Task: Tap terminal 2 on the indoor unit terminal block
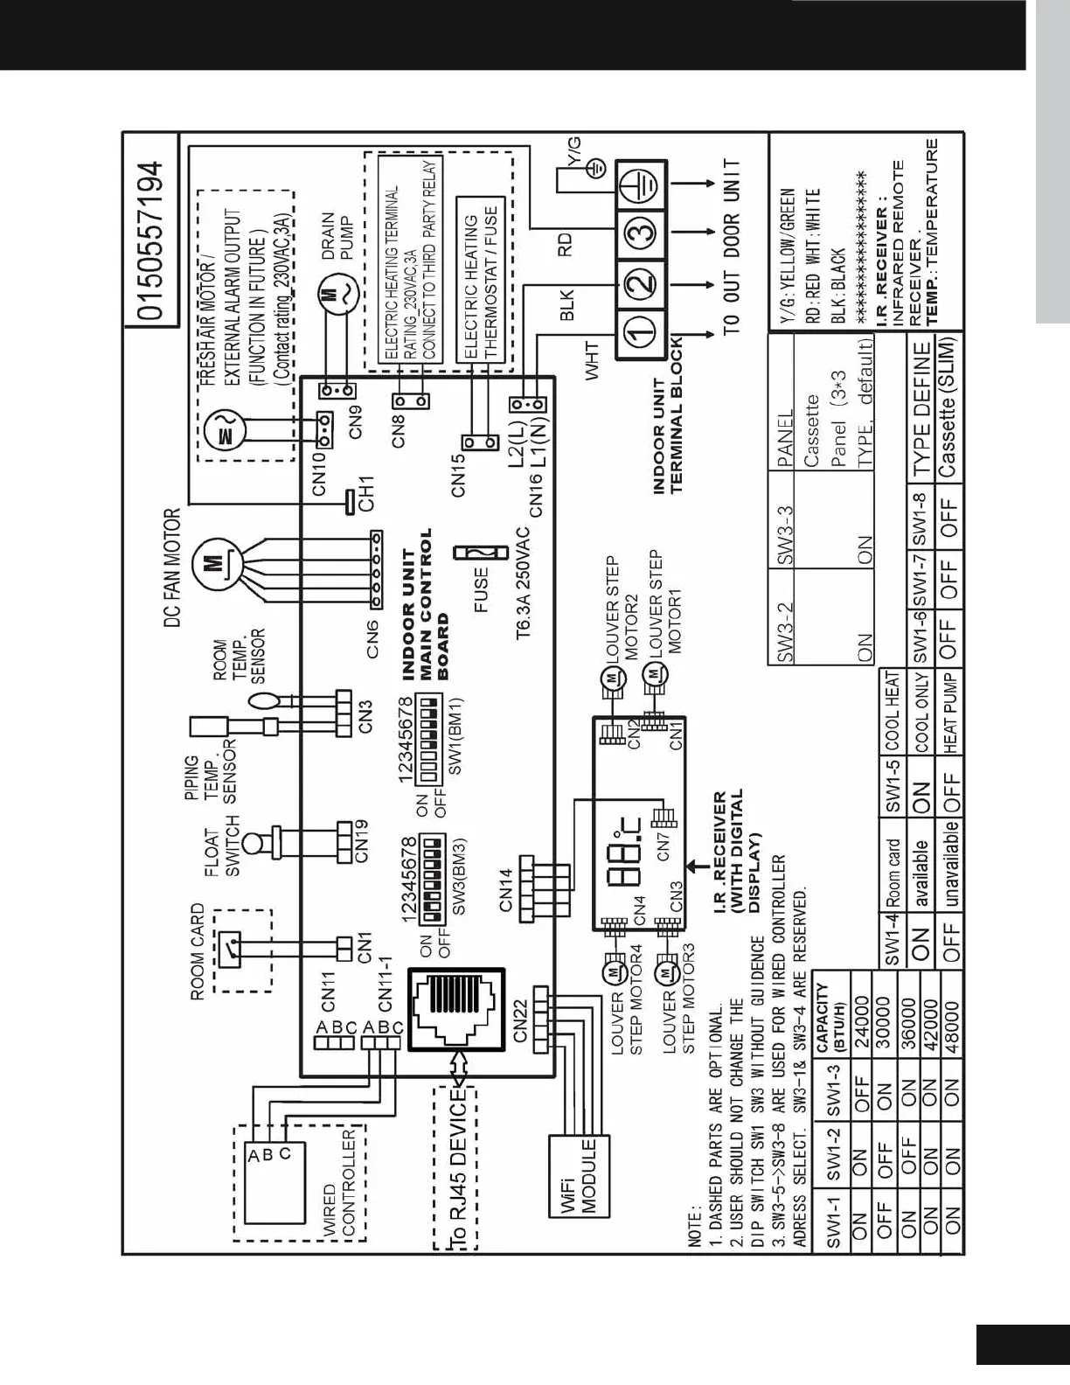click(640, 282)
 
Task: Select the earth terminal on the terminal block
click(640, 184)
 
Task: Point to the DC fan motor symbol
click(212, 561)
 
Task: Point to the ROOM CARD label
click(198, 951)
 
